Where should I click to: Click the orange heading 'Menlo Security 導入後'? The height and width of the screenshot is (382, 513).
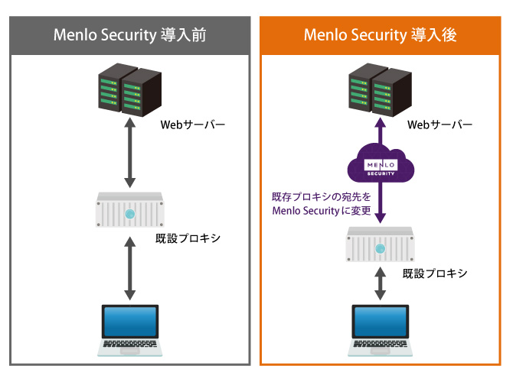pos(381,35)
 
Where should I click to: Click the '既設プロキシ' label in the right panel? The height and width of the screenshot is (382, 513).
pos(435,273)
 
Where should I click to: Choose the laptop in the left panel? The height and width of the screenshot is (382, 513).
pos(130,330)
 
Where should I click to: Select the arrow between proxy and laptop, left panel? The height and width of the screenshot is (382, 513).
pos(130,271)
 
